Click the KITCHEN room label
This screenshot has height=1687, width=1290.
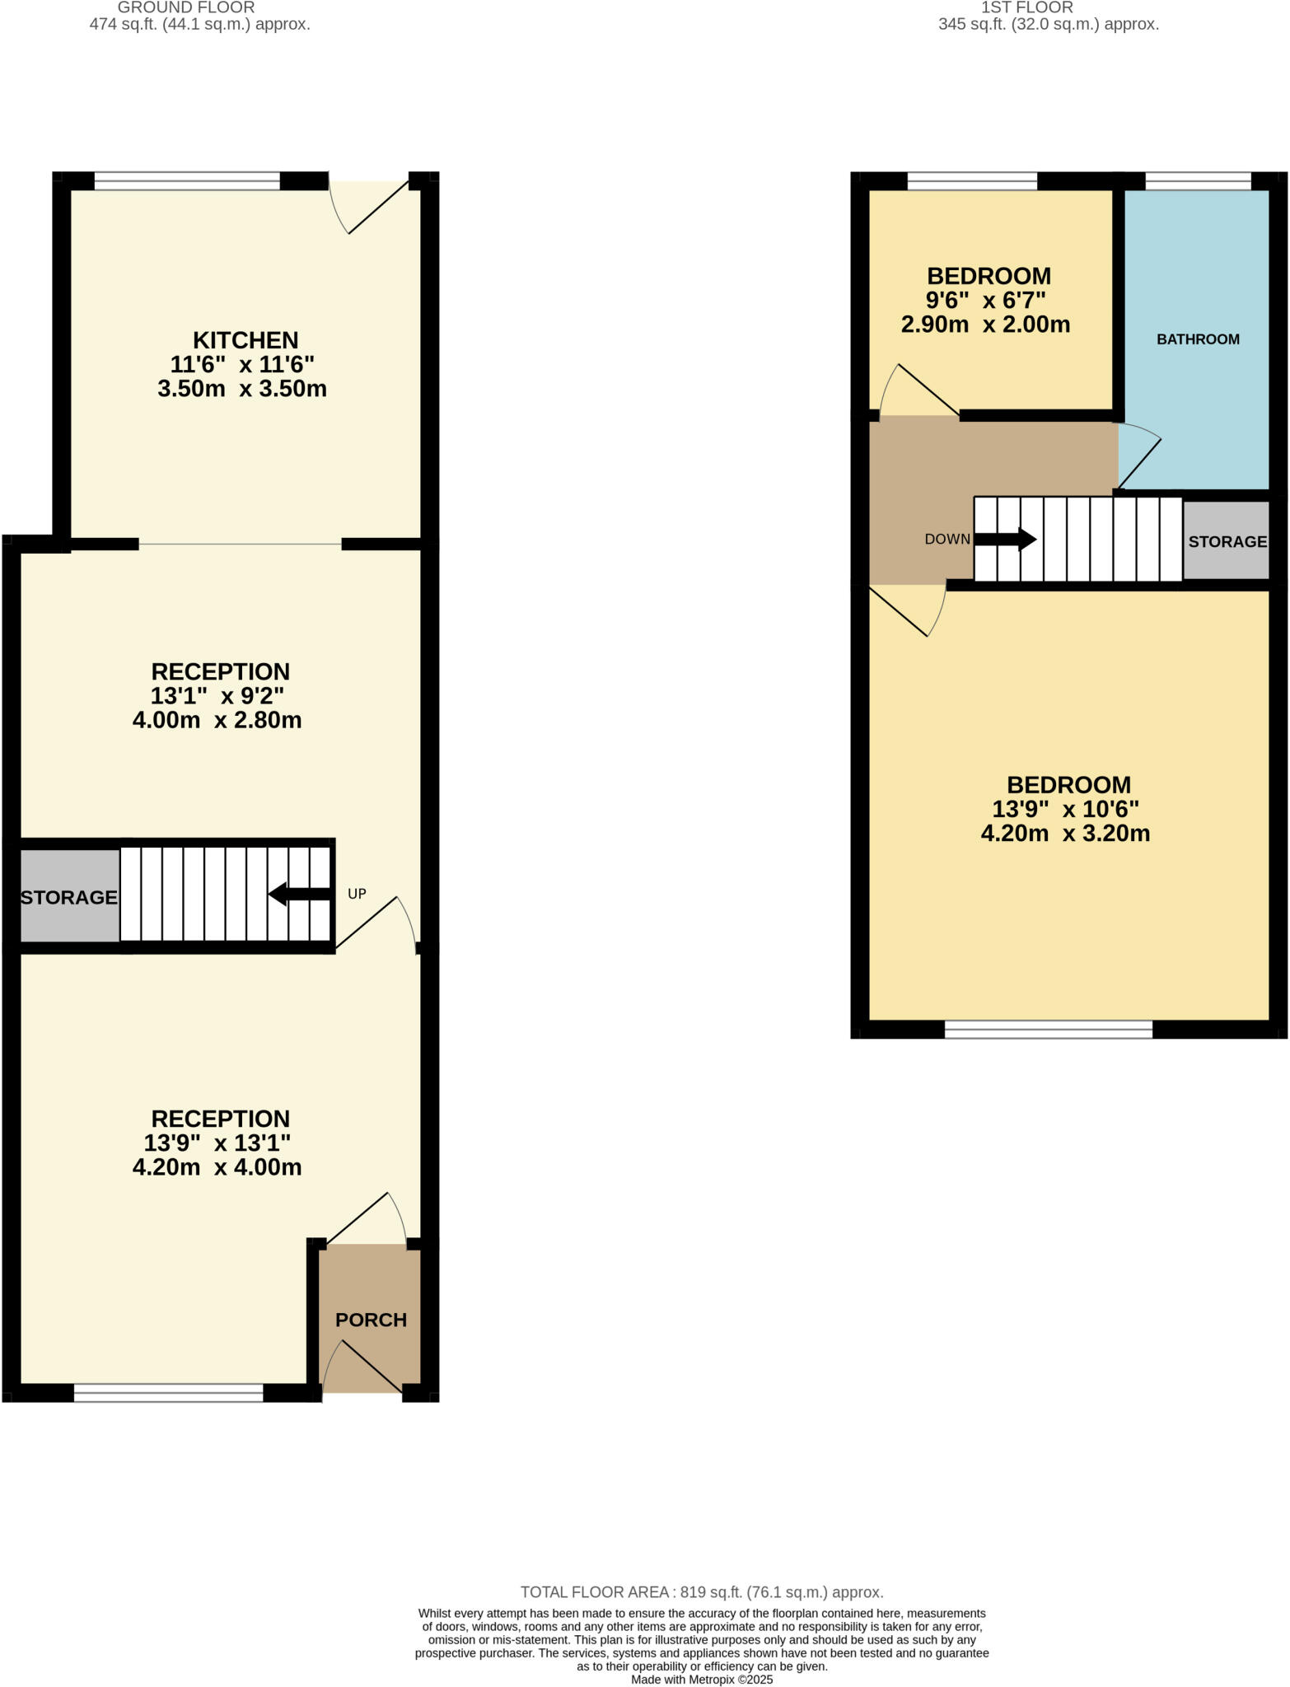[245, 340]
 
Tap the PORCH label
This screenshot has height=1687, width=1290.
[371, 1320]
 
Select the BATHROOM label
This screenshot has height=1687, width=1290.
[1198, 339]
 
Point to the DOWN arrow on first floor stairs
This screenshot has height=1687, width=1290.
[1005, 540]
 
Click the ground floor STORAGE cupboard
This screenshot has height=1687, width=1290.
[69, 897]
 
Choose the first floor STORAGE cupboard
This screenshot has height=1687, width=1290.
[1227, 541]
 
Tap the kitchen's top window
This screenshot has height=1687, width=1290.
[187, 181]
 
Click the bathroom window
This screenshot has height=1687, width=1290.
[1198, 181]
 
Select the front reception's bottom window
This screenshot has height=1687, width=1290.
[168, 1392]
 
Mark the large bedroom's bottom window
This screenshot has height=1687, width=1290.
[1048, 1029]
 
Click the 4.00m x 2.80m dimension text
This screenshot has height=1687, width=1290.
[217, 720]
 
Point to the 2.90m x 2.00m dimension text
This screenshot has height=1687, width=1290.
[985, 325]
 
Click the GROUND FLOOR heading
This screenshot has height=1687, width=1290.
[186, 7]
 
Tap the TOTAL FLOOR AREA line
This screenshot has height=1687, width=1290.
[702, 1592]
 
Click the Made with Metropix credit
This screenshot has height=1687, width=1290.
[702, 1680]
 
